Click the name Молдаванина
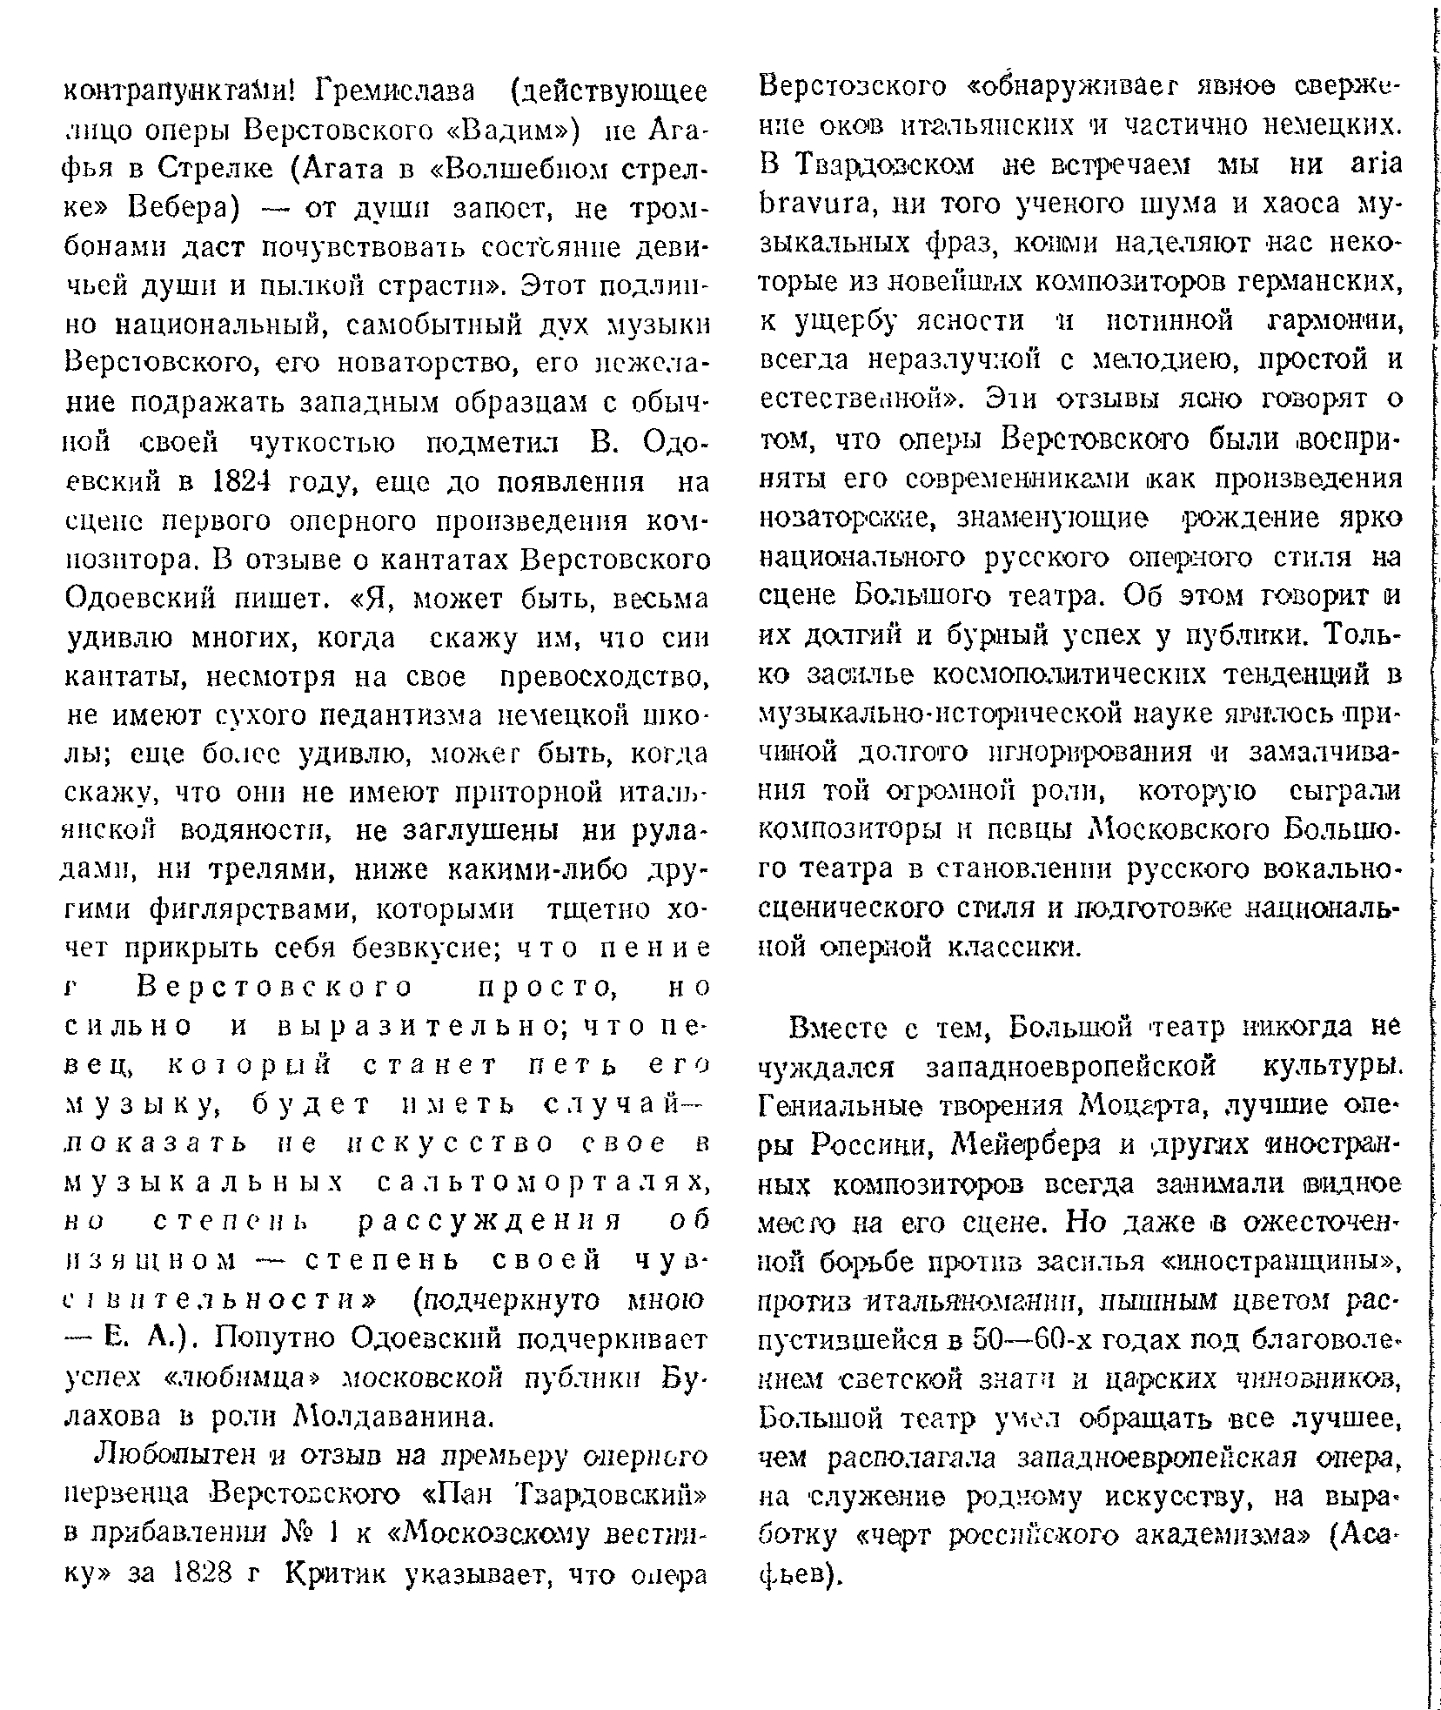pos(396,1417)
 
